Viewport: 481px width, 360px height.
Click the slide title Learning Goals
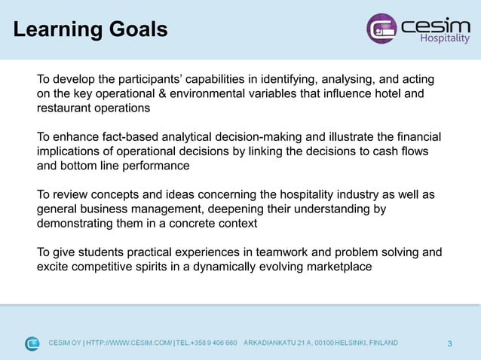(90, 29)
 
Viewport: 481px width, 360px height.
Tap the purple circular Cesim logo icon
(381, 29)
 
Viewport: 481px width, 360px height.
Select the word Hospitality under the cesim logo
(444, 39)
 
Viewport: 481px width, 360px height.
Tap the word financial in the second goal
(416, 136)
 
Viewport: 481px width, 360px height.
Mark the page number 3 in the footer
(449, 344)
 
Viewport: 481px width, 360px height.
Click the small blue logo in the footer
(32, 343)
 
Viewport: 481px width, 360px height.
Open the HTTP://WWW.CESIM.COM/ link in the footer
(129, 343)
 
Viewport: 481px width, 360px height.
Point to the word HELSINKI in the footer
(346, 343)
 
